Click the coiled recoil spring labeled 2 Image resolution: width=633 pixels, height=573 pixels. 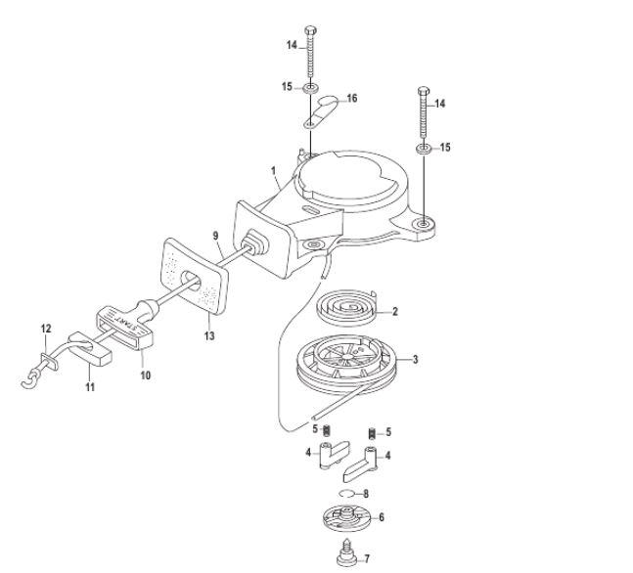346,307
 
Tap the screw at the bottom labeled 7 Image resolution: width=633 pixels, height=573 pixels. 347,552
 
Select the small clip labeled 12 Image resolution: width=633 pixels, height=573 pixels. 50,361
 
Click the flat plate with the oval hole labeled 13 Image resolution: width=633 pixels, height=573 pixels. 194,275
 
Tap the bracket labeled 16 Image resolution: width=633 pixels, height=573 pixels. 320,110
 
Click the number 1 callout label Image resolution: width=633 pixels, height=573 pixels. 274,171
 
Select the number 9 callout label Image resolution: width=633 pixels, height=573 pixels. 215,236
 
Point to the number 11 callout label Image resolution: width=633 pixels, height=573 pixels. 90,387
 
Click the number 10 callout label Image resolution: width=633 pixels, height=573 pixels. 146,375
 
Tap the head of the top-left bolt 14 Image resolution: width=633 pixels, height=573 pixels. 310,30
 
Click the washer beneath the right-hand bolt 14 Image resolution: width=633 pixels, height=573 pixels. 423,148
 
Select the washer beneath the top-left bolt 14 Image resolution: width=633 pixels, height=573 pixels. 310,88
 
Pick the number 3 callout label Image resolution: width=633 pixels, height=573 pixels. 415,359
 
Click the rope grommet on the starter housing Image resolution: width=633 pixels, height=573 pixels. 254,242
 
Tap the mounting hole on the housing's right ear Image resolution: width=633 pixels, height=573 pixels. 423,223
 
